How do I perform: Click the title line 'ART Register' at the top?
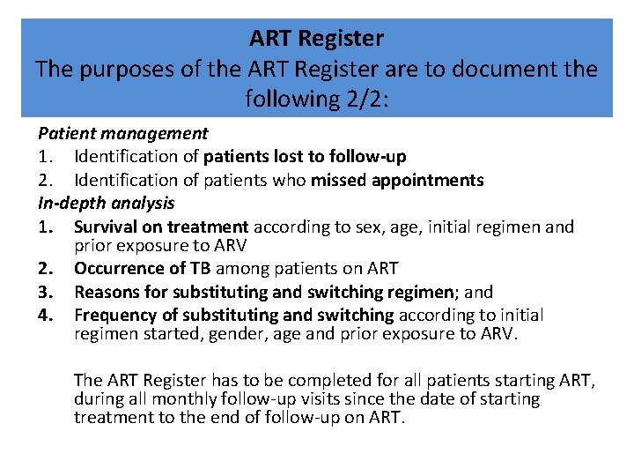pos(316,39)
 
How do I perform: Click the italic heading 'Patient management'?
pos(122,134)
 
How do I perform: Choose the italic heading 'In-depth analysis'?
pos(106,203)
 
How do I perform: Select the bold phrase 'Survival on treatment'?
pos(160,227)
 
